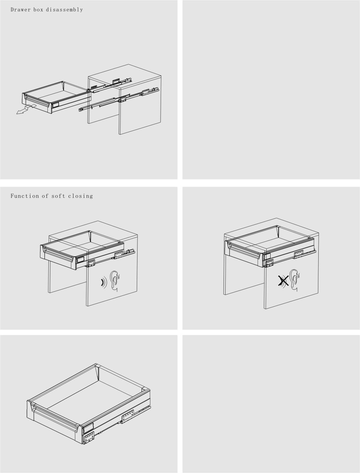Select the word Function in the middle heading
pyautogui.click(x=25, y=196)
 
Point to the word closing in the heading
pyautogui.click(x=80, y=196)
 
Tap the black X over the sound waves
pyautogui.click(x=283, y=281)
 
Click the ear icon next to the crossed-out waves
pyautogui.click(x=295, y=280)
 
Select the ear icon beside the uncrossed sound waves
pyautogui.click(x=115, y=281)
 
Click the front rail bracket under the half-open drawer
pyautogui.click(x=91, y=263)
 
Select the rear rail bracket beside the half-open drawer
pyautogui.click(x=118, y=255)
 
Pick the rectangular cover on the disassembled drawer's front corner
pyautogui.click(x=55, y=105)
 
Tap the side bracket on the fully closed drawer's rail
pyautogui.click(x=299, y=254)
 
